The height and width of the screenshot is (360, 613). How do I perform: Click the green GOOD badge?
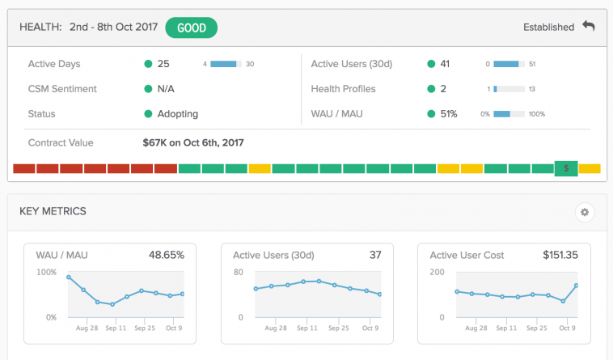[192, 28]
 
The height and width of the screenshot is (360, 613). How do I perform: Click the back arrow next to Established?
[589, 27]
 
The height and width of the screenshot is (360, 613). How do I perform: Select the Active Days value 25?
[163, 64]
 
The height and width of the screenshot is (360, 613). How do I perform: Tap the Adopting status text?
[178, 114]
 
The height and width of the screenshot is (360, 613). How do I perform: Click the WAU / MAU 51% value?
[448, 114]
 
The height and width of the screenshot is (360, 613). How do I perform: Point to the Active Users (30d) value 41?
[445, 64]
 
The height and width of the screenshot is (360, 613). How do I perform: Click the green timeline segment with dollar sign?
[566, 168]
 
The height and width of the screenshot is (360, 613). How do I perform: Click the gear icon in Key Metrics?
[585, 212]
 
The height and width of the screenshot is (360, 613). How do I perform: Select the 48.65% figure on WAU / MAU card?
[166, 255]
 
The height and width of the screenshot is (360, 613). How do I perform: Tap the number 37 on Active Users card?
[375, 255]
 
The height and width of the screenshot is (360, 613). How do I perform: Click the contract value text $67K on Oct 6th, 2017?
[193, 142]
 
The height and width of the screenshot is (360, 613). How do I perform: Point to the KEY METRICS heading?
[53, 212]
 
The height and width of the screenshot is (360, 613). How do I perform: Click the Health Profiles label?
[344, 89]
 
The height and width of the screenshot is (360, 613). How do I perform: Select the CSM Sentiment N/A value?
[166, 89]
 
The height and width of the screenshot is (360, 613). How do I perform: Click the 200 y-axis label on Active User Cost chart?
[438, 272]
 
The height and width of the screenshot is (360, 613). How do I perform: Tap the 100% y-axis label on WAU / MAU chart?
[47, 272]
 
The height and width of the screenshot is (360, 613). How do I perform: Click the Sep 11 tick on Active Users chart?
[306, 328]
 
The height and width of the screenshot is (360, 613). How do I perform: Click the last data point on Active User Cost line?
[577, 286]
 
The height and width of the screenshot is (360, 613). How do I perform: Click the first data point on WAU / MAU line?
[69, 277]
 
